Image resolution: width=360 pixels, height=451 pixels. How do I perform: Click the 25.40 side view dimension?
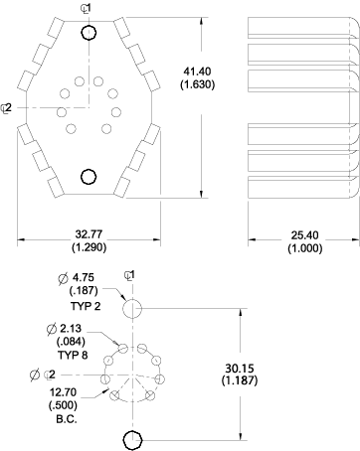tap(302, 234)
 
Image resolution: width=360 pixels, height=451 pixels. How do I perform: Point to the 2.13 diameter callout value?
tap(70, 329)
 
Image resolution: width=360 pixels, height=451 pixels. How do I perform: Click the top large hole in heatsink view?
tap(89, 34)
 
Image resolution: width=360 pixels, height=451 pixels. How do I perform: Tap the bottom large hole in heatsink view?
tap(89, 177)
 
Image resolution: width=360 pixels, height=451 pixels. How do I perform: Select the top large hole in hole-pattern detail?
tap(132, 309)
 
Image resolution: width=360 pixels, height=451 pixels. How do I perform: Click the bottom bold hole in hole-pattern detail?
tap(131, 439)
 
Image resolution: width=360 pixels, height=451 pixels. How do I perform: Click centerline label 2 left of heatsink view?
tap(8, 107)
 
